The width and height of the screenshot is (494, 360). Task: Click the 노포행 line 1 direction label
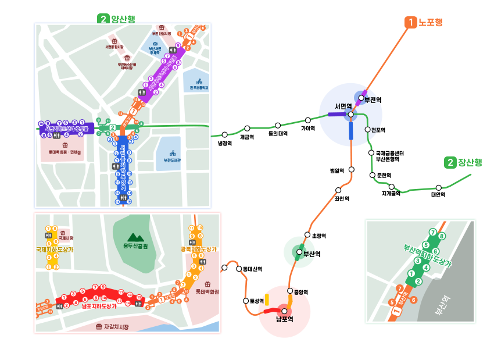430,23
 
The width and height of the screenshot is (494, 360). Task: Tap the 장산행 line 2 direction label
470,163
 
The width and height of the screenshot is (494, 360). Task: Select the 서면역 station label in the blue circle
343,106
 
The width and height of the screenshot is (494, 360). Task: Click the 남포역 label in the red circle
284,319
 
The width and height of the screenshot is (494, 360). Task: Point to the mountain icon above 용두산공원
135,237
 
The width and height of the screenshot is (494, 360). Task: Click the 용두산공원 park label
135,246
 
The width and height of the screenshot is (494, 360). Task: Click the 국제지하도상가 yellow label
55,249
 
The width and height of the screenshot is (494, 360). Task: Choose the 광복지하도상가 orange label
198,249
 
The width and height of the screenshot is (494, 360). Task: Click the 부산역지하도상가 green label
427,256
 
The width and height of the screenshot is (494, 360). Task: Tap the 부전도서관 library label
173,160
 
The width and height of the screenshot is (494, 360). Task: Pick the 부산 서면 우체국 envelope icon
155,44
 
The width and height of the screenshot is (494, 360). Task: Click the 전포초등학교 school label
199,88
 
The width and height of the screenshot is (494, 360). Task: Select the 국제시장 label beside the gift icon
66,238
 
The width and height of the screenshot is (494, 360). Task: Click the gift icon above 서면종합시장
114,41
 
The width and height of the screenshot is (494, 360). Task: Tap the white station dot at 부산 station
299,252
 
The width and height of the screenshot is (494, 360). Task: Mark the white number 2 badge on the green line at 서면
112,127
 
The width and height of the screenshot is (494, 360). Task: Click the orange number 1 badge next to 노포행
411,23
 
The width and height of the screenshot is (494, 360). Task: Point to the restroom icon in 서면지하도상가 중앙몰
56,136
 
